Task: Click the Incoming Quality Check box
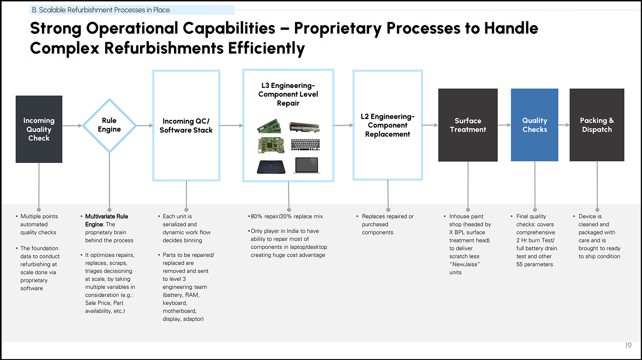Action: (39, 129)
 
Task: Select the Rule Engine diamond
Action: (109, 125)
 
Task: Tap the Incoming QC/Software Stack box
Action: (186, 126)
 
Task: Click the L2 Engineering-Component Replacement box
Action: (388, 125)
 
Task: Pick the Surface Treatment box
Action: (468, 125)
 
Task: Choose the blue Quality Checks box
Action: (535, 125)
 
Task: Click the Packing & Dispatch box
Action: (597, 125)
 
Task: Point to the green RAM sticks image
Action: (269, 127)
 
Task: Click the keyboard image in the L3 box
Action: (305, 145)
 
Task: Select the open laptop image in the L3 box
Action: (306, 165)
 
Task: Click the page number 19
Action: (628, 346)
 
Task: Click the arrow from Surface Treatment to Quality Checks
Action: (504, 125)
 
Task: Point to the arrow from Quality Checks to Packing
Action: (564, 125)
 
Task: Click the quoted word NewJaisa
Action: (464, 264)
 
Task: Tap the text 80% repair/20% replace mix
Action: (287, 216)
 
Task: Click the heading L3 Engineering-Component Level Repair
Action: (288, 94)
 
